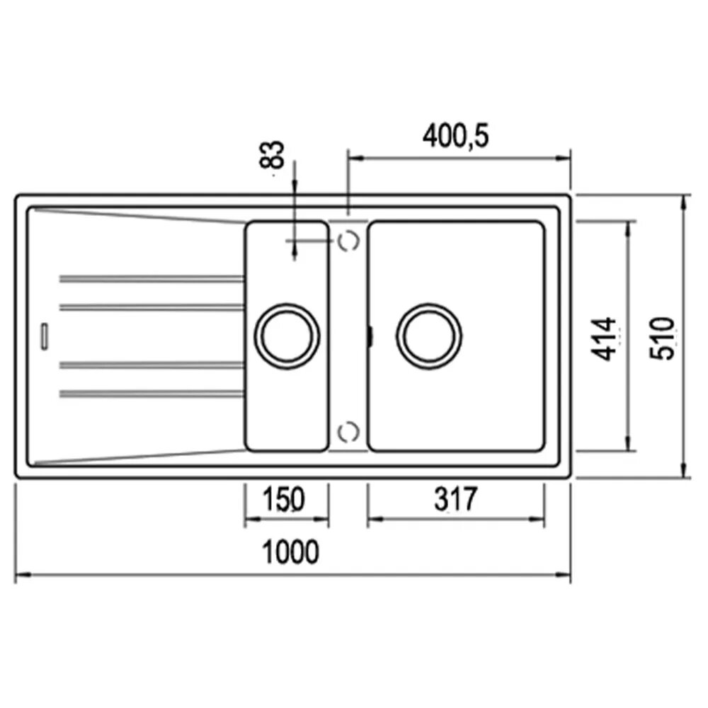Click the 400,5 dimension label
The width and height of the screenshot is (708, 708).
(x=455, y=136)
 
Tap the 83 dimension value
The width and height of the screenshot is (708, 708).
(x=272, y=155)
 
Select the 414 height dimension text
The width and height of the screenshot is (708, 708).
(x=604, y=339)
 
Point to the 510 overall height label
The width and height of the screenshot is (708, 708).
(x=661, y=338)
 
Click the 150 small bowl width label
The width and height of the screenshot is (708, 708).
(x=284, y=499)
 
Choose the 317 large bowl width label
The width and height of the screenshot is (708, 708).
(x=455, y=499)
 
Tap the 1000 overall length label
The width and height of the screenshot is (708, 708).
(x=290, y=552)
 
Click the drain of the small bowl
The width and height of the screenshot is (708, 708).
(x=287, y=336)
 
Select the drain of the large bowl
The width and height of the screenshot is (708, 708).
(x=429, y=336)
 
